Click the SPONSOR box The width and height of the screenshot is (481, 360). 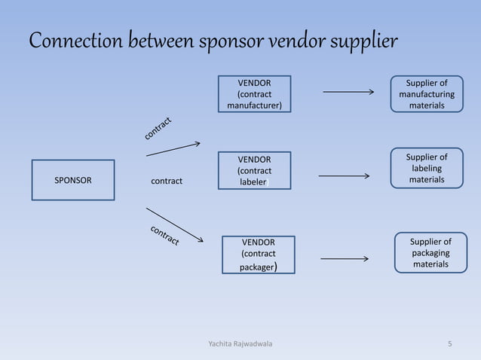pos(73,180)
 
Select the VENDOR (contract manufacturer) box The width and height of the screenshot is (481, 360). pos(254,94)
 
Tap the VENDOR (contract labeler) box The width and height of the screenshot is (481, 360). pos(254,170)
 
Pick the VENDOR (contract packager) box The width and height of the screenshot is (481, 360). pos(258,255)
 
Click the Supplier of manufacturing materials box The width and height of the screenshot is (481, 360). pos(427,94)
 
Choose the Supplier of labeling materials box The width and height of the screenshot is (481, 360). pos(427,168)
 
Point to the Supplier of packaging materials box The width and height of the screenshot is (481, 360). pos(430,252)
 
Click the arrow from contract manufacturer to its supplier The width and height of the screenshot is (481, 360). pos(348,93)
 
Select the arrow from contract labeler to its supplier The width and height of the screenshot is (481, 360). pos(344,177)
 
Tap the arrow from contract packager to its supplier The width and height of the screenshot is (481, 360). pos(345,259)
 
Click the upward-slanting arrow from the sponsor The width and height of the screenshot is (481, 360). pos(173,148)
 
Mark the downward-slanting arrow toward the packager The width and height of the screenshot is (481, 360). pos(174,224)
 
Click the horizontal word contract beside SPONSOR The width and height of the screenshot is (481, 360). pos(167,181)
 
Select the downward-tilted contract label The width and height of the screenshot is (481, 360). pos(164,235)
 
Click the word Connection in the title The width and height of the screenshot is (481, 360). pos(69,41)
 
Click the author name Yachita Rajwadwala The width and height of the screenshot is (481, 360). pos(240,344)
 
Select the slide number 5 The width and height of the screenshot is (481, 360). pos(449,344)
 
